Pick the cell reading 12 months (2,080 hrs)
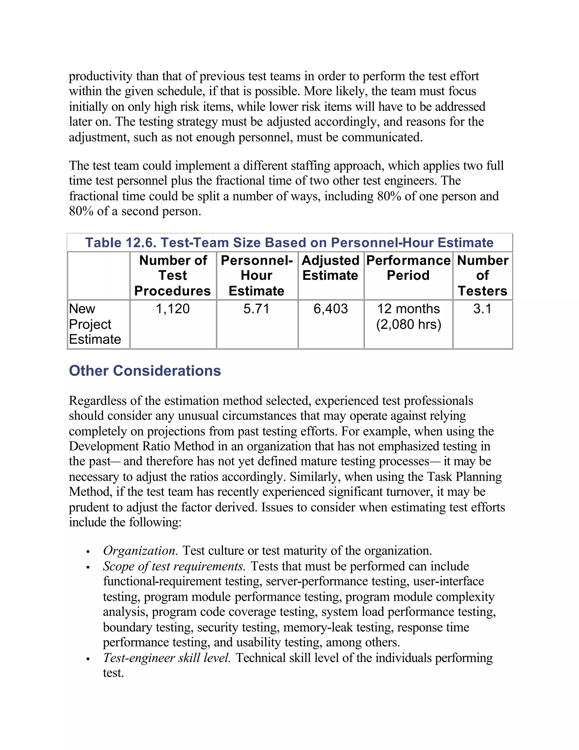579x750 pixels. [x=408, y=316]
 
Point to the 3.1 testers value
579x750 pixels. [x=482, y=309]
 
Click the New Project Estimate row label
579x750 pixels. [x=95, y=324]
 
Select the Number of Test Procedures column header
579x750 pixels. [x=173, y=275]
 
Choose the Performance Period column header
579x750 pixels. [x=408, y=268]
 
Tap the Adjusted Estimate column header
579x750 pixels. [x=331, y=268]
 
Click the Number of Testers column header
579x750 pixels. [x=482, y=275]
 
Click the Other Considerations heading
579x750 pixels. [x=145, y=371]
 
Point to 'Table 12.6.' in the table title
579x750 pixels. [x=121, y=243]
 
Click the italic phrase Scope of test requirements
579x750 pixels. [x=174, y=566]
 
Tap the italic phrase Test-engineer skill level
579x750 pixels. [x=167, y=658]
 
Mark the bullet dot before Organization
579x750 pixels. [x=88, y=552]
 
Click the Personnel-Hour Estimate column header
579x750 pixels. [x=257, y=275]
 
